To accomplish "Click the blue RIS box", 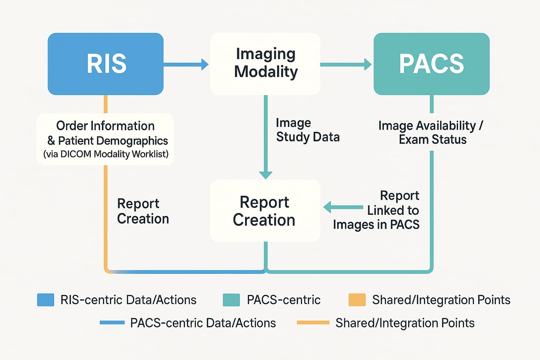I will (106, 64).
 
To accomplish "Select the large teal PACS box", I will (431, 64).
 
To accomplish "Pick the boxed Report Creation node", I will (265, 211).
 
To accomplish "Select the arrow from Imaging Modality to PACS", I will (345, 65).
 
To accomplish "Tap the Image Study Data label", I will (307, 130).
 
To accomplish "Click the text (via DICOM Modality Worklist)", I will (106, 154).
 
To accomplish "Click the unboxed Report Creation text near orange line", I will (143, 211).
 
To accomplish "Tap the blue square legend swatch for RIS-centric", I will (45, 300).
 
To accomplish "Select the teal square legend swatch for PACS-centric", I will (231, 300).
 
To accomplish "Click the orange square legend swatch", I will (357, 300).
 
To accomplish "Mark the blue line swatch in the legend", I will (112, 323).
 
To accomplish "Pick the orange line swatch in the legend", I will (313, 323).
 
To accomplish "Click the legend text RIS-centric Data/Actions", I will (128, 300).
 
